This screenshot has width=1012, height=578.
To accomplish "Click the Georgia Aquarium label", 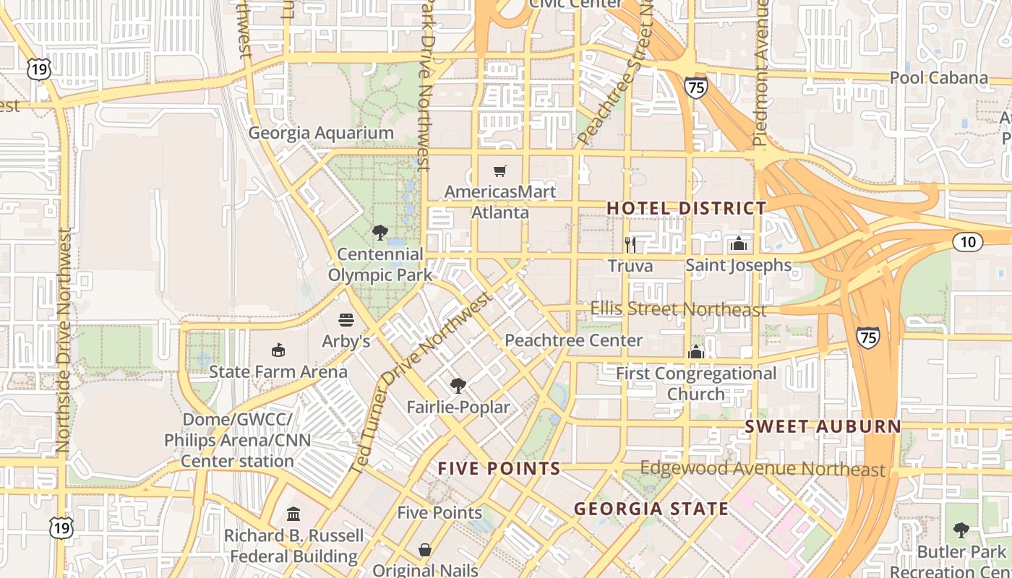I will (321, 133).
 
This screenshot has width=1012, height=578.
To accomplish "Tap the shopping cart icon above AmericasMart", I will (499, 171).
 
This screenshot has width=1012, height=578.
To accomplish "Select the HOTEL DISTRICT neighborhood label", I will (686, 208).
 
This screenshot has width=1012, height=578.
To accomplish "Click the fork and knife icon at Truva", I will (630, 244).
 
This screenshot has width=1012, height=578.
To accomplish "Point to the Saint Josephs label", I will (738, 265).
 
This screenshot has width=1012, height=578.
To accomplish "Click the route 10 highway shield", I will (967, 242).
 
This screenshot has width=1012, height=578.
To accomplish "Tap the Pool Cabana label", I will (938, 77).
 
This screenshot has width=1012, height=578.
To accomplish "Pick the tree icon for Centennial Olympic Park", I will (379, 233).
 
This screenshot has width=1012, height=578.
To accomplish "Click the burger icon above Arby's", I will (346, 320).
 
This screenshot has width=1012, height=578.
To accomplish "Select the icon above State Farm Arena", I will (278, 350).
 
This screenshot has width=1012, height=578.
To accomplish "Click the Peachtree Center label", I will (573, 340).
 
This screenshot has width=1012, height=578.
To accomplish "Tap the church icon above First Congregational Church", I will (696, 352).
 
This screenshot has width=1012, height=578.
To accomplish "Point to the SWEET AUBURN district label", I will (823, 426).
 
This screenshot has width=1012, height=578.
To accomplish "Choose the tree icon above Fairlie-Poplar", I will (458, 385).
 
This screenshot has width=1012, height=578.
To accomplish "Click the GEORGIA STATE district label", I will (651, 509).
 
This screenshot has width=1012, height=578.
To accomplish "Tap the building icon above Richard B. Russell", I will (293, 514).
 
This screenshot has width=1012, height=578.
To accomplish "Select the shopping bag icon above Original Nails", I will (425, 551).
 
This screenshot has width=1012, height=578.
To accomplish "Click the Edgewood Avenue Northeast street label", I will (763, 469).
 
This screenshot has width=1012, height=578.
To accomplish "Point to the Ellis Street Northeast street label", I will (678, 309).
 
